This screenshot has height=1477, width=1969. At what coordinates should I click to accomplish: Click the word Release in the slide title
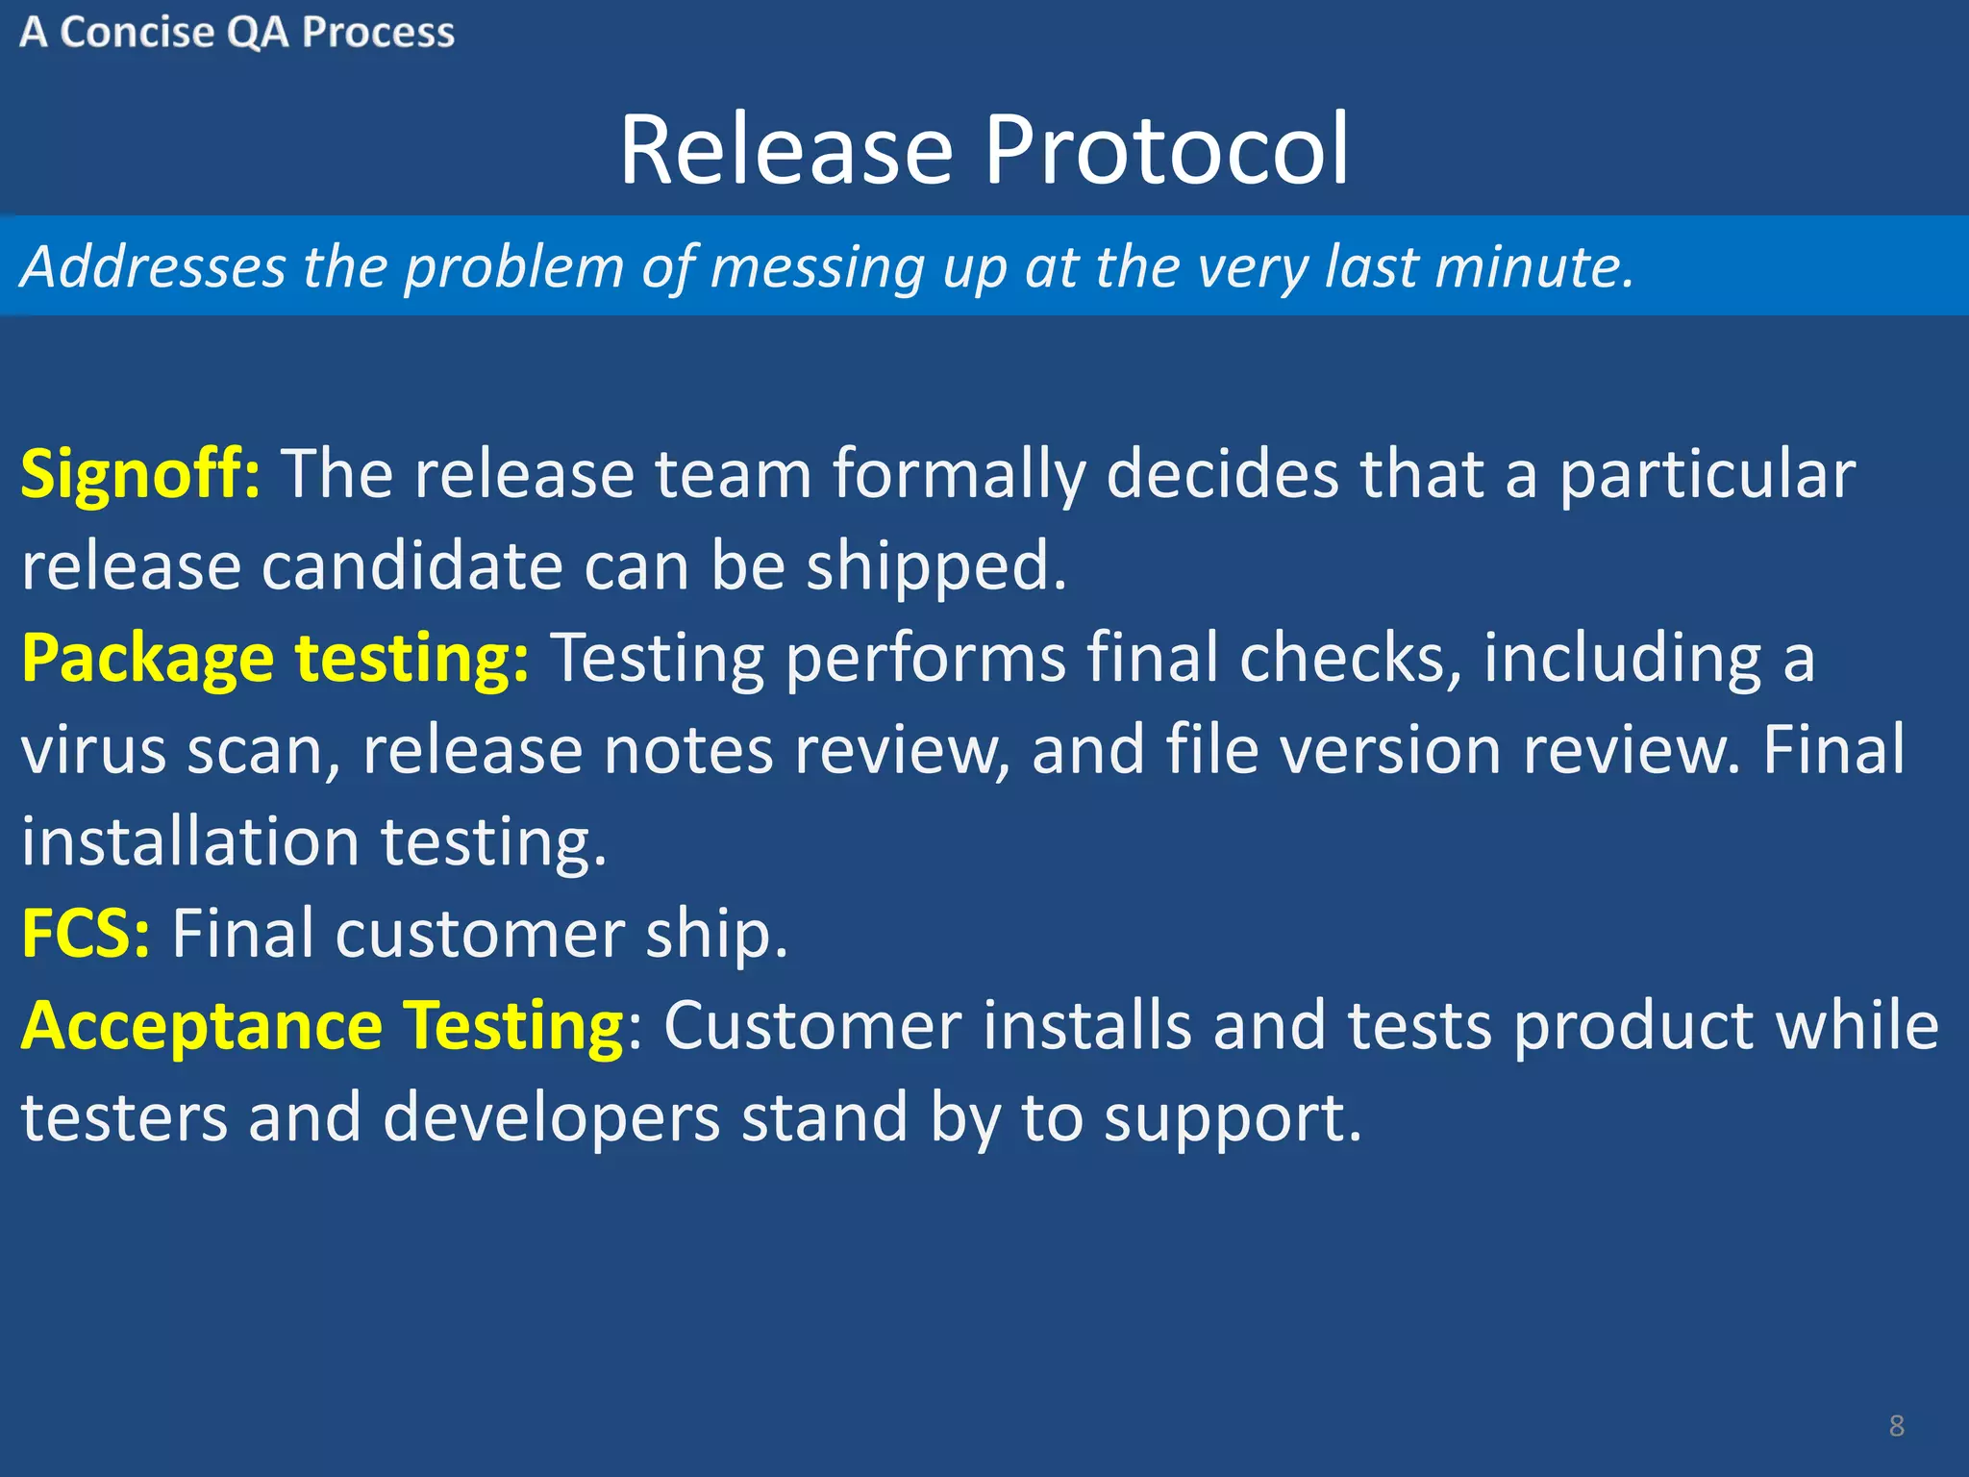785,151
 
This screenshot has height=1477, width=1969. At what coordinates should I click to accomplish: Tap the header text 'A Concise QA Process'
237,33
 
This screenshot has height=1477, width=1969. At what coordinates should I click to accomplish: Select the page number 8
1896,1425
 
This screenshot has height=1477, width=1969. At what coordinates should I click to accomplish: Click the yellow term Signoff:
140,475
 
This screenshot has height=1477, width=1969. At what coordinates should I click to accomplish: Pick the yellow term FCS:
86,934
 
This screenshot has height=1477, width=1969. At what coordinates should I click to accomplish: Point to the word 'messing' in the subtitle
817,268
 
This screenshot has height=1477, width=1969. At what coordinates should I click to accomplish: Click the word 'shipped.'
936,567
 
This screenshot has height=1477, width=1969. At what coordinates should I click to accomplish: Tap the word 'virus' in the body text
93,751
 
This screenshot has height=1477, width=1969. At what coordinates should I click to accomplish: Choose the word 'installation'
190,842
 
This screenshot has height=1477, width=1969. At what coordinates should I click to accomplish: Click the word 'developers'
551,1118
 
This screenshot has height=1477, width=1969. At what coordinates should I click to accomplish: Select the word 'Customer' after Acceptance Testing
812,1026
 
